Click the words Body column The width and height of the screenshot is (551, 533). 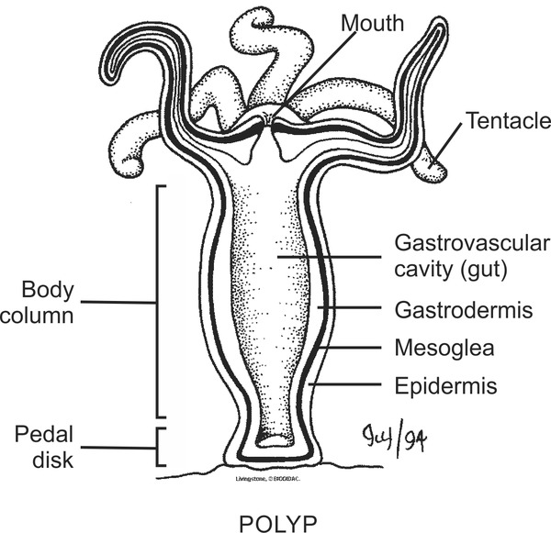[46, 302]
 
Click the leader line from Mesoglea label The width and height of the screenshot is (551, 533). [354, 350]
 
